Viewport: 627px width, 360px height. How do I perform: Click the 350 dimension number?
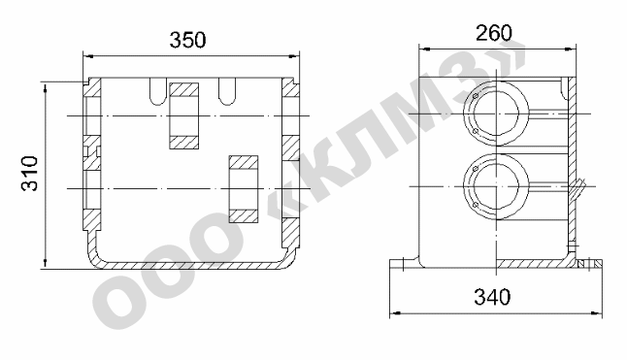187,40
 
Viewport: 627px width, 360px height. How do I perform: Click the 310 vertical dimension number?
29,173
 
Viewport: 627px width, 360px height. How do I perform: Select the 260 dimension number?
493,33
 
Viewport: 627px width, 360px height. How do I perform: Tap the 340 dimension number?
492,297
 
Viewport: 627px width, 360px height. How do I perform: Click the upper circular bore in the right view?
496,114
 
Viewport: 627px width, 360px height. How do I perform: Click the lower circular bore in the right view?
496,186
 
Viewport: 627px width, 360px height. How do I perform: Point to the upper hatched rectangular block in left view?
184,115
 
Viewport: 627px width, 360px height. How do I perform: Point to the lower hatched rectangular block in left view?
243,189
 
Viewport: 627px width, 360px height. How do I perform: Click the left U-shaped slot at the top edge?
157,91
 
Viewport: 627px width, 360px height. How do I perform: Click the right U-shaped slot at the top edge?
227,91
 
